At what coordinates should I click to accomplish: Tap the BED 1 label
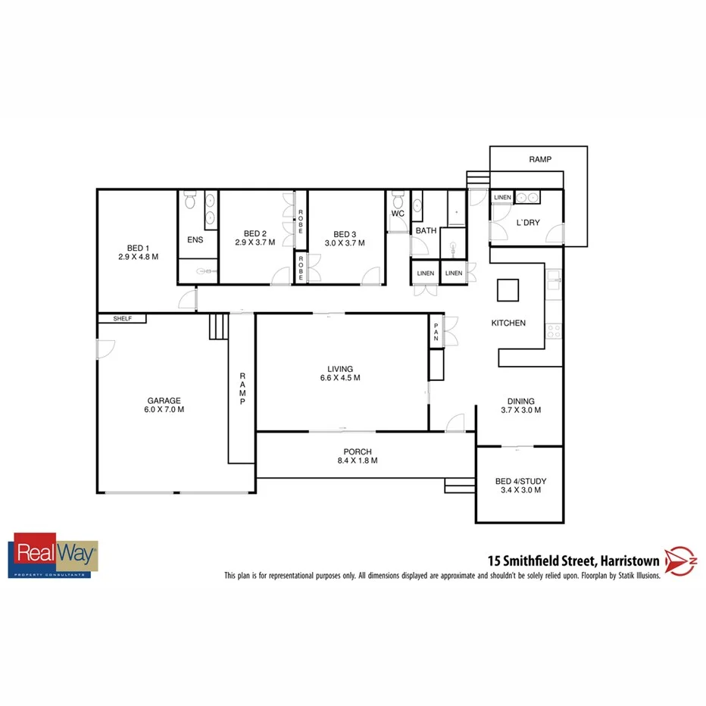pyautogui.click(x=137, y=248)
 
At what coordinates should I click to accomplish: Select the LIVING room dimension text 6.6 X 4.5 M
pyautogui.click(x=339, y=377)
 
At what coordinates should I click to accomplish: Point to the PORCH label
pyautogui.click(x=356, y=451)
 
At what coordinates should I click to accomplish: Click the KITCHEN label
pyautogui.click(x=508, y=323)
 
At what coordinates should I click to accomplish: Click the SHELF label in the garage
pyautogui.click(x=122, y=319)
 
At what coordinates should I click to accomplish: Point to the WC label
pyautogui.click(x=398, y=214)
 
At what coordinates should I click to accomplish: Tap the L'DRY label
pyautogui.click(x=527, y=223)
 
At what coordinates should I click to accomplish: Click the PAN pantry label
pyautogui.click(x=436, y=331)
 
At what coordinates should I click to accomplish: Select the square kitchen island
pyautogui.click(x=508, y=289)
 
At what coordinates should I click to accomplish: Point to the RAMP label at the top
pyautogui.click(x=539, y=160)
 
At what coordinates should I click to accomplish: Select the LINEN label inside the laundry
pyautogui.click(x=502, y=198)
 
